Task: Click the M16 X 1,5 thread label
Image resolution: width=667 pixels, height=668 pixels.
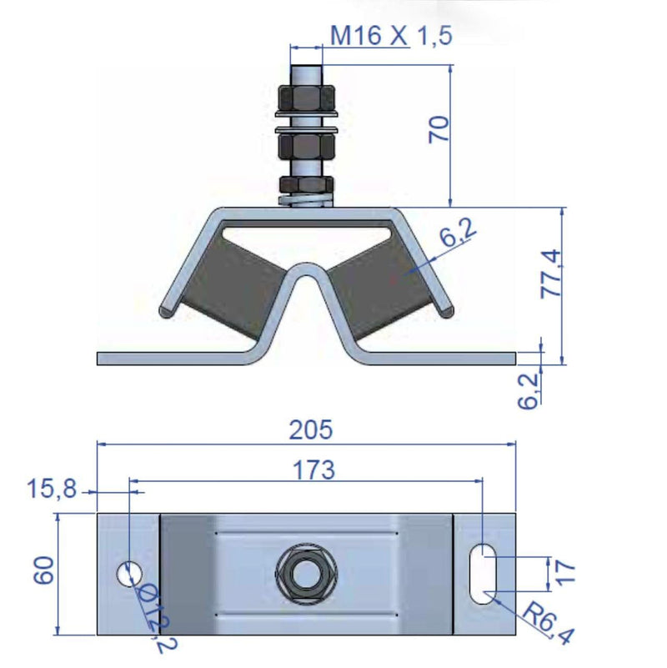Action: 391,37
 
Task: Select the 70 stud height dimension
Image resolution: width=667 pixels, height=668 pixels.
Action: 440,129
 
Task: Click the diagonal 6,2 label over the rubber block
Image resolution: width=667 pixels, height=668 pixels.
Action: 457,235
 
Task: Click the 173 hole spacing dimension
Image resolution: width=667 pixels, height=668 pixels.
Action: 314,470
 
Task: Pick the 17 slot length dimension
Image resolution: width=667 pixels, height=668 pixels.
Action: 568,571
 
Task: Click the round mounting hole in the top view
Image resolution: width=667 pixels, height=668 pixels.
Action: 128,574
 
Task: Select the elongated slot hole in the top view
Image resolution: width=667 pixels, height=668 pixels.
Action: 481,573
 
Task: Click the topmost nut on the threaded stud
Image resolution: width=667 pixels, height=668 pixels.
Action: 306,97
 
